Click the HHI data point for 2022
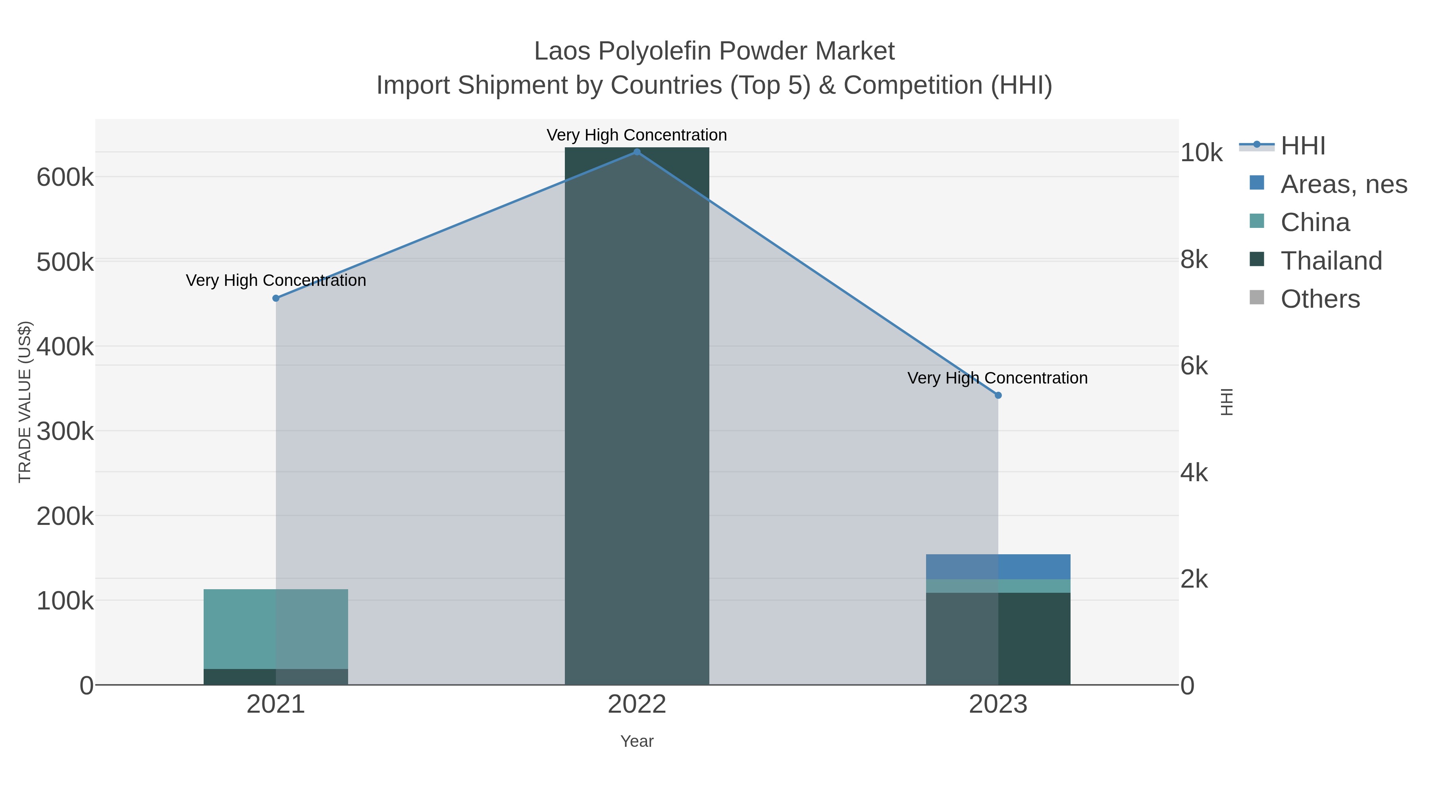coord(637,152)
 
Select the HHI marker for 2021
coord(276,299)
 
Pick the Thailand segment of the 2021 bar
coord(276,677)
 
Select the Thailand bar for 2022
coord(637,416)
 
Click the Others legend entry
coord(1320,299)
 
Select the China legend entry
coord(1315,222)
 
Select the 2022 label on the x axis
coord(637,704)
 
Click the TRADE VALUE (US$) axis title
coord(25,402)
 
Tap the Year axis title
coord(637,741)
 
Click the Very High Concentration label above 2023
coord(998,378)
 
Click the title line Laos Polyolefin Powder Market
coord(714,51)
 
